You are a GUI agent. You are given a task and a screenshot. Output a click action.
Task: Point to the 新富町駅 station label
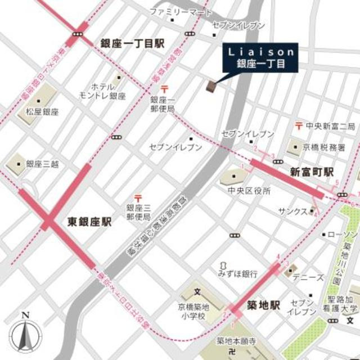pyautogui.click(x=312, y=171)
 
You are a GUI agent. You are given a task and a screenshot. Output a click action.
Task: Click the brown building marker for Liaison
pyautogui.click(x=211, y=86)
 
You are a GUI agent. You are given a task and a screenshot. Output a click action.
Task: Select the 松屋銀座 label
pyautogui.click(x=42, y=112)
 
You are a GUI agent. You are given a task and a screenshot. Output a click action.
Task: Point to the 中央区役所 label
pyautogui.click(x=249, y=191)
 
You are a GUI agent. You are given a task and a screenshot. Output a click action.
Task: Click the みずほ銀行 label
pyautogui.click(x=238, y=274)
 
